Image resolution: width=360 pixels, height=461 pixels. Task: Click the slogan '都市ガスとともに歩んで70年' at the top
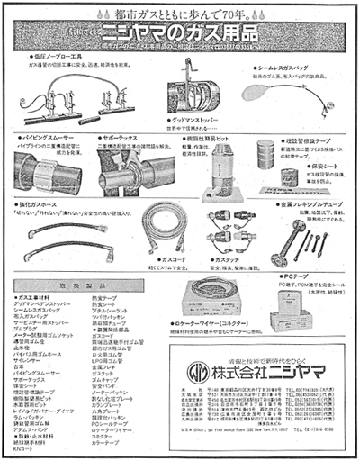[x=180, y=14]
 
